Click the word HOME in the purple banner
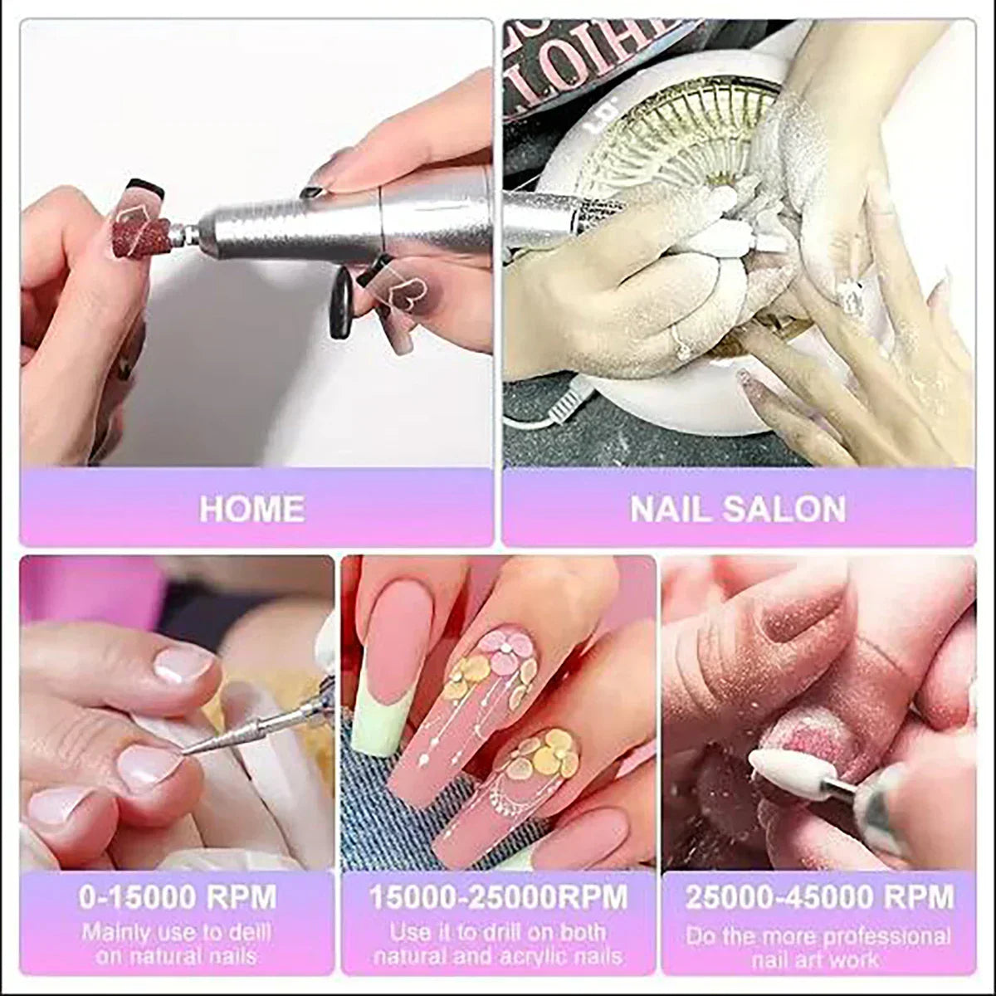click(x=251, y=508)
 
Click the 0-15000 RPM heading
click(x=178, y=897)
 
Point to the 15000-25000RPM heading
click(x=499, y=897)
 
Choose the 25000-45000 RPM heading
click(x=819, y=897)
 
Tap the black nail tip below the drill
click(x=341, y=305)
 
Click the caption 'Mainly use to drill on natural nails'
click(x=177, y=944)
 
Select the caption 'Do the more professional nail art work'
click(x=818, y=948)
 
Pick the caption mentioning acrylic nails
click(x=499, y=944)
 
